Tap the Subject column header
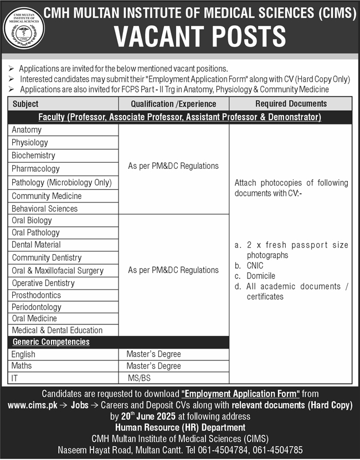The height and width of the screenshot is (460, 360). (x=25, y=104)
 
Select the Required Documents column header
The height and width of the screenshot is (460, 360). (x=291, y=104)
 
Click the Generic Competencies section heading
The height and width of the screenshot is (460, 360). (x=51, y=342)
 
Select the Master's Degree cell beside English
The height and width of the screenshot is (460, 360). (x=153, y=354)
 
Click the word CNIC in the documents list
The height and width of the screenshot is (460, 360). (x=256, y=266)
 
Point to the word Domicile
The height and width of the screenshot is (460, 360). (x=261, y=276)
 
